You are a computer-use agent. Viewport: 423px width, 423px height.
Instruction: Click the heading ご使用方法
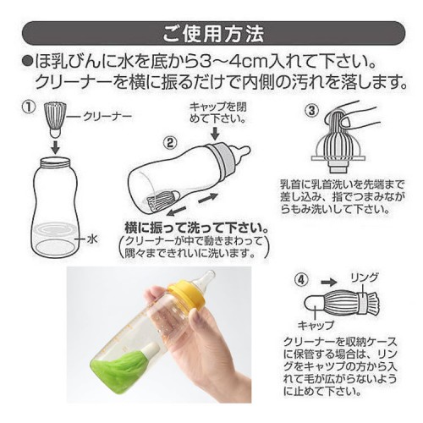tap(213, 34)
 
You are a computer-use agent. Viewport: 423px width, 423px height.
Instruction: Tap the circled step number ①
tap(30, 107)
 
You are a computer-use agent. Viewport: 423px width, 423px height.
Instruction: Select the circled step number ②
tap(170, 143)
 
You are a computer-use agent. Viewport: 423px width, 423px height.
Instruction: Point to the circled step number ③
tap(311, 111)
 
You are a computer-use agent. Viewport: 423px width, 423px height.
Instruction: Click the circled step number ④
tap(301, 280)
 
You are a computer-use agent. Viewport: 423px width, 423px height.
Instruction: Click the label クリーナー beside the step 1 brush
tap(107, 116)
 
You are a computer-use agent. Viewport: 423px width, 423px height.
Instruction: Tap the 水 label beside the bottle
tap(92, 239)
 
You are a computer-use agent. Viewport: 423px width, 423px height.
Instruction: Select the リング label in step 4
tap(364, 278)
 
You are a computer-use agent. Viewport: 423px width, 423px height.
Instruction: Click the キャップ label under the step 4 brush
tap(316, 326)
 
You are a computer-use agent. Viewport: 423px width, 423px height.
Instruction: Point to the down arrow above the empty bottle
tap(56, 146)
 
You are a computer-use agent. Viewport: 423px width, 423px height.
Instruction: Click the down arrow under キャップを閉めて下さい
tap(216, 133)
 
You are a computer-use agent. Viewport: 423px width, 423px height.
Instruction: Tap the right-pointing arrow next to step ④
tap(329, 282)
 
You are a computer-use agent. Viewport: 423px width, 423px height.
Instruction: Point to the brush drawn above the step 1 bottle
tap(55, 119)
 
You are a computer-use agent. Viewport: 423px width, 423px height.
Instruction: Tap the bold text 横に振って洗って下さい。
tap(196, 228)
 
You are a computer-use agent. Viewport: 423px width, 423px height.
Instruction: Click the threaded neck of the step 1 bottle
tap(56, 162)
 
